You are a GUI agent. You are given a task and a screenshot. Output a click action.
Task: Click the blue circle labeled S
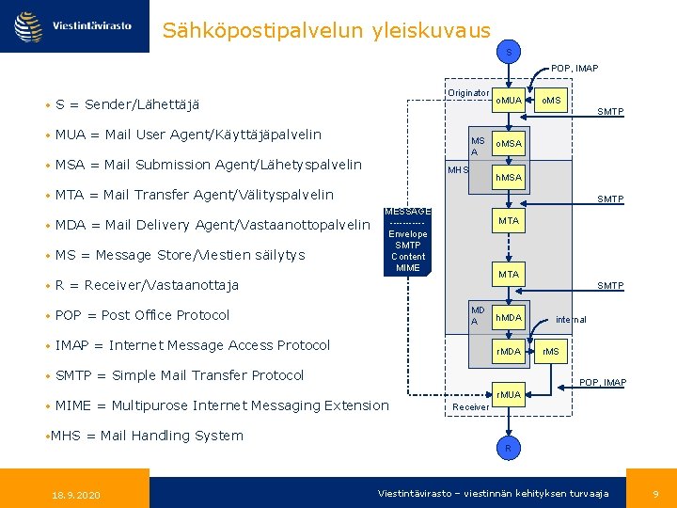509,53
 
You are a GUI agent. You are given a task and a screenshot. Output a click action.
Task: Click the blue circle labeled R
509,449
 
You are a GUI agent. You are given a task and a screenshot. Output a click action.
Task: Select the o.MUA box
509,101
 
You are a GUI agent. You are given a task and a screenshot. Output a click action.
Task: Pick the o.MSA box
509,143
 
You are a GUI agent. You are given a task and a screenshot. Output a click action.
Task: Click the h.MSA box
509,178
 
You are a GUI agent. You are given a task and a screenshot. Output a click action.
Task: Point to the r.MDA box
509,352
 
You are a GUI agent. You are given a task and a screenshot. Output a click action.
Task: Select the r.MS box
551,352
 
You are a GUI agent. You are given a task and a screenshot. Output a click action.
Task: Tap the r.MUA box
509,394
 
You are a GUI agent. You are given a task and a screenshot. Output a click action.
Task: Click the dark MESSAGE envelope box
408,241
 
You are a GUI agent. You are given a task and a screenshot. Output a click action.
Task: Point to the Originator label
468,93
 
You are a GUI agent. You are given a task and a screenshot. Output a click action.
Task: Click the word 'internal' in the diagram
571,320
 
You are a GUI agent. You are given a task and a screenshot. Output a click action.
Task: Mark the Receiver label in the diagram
471,407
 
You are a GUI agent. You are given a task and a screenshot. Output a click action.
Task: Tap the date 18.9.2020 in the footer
76,495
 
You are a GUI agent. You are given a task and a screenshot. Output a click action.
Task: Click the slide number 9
655,494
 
